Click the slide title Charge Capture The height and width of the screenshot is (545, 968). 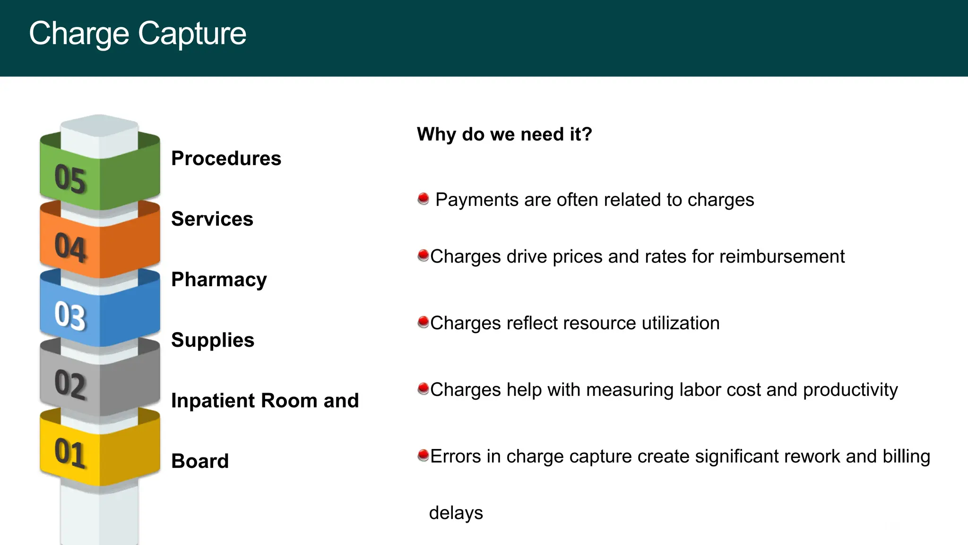point(138,34)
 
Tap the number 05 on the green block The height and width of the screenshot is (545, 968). point(70,179)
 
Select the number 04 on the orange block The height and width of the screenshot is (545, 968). point(70,247)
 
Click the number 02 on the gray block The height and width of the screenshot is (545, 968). point(70,384)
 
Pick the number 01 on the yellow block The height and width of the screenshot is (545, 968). point(70,453)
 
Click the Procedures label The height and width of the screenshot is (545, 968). point(226,158)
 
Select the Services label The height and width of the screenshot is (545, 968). point(212,219)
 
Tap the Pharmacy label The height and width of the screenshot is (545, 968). point(219,280)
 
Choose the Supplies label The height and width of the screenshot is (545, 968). point(213,340)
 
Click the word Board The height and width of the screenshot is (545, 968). point(200,461)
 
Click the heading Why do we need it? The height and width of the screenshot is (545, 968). point(504,134)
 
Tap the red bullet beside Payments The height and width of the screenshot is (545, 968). point(423,198)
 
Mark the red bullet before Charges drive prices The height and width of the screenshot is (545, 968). point(423,256)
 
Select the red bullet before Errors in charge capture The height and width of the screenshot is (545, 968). point(423,456)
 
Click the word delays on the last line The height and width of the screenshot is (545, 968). point(456,513)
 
